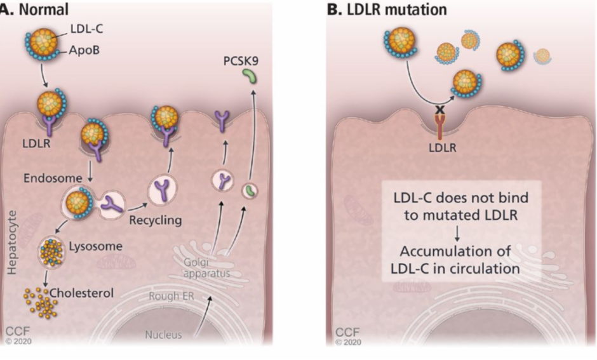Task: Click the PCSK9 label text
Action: (x=242, y=62)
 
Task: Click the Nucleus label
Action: (x=164, y=335)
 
